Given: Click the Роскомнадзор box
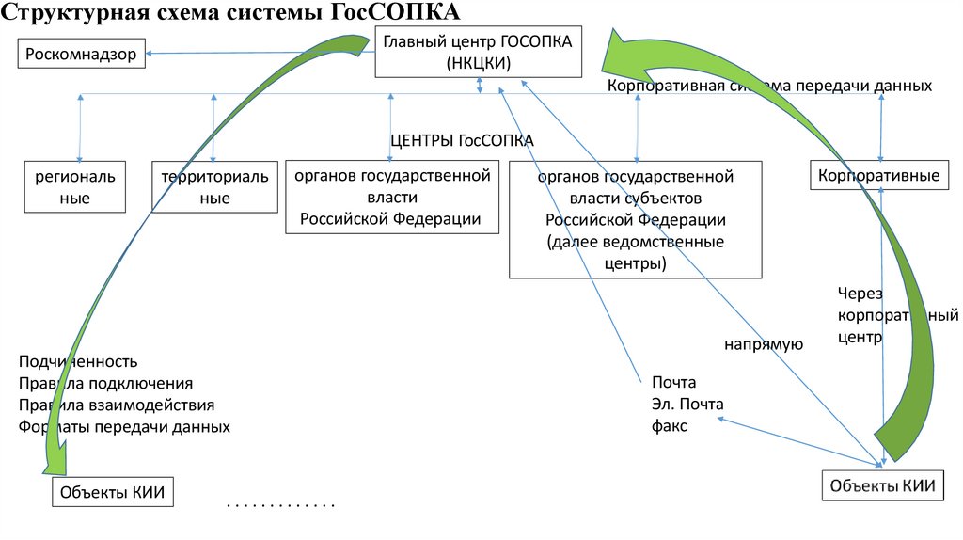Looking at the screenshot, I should [82, 55].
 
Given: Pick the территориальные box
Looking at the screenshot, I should [214, 186].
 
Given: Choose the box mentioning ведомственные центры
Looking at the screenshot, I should [635, 219].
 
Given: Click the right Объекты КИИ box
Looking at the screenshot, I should [882, 485].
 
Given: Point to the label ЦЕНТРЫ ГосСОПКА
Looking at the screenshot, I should [462, 140].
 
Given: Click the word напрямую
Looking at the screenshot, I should [763, 344].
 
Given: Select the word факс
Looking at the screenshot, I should [670, 425].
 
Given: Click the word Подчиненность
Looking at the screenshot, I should [78, 361].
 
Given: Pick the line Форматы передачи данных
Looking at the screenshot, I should [124, 426].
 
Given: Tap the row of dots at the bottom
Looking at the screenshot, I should [280, 506].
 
